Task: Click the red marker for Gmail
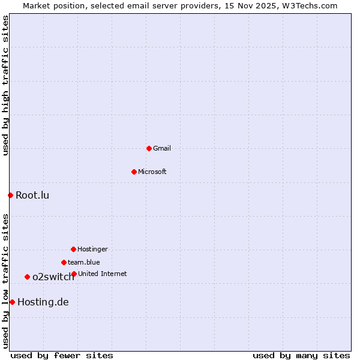[x=149, y=148]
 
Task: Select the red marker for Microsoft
[x=134, y=172]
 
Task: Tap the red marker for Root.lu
[x=10, y=195]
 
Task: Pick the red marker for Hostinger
[x=73, y=249]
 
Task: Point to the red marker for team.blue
[x=64, y=262]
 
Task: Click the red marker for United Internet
[x=74, y=274]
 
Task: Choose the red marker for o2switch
[x=27, y=277]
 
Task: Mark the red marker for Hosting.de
[x=12, y=302]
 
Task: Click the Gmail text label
[x=162, y=148]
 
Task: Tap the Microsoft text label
[x=152, y=172]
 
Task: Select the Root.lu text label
[x=32, y=195]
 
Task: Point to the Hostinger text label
[x=92, y=249]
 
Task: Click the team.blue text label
[x=84, y=262]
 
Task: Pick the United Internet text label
[x=103, y=274]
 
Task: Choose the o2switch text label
[x=53, y=277]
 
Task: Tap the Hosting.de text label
[x=43, y=302]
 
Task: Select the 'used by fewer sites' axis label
[x=62, y=355]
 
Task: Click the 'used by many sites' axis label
[x=301, y=355]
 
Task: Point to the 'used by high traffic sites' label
[x=5, y=85]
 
